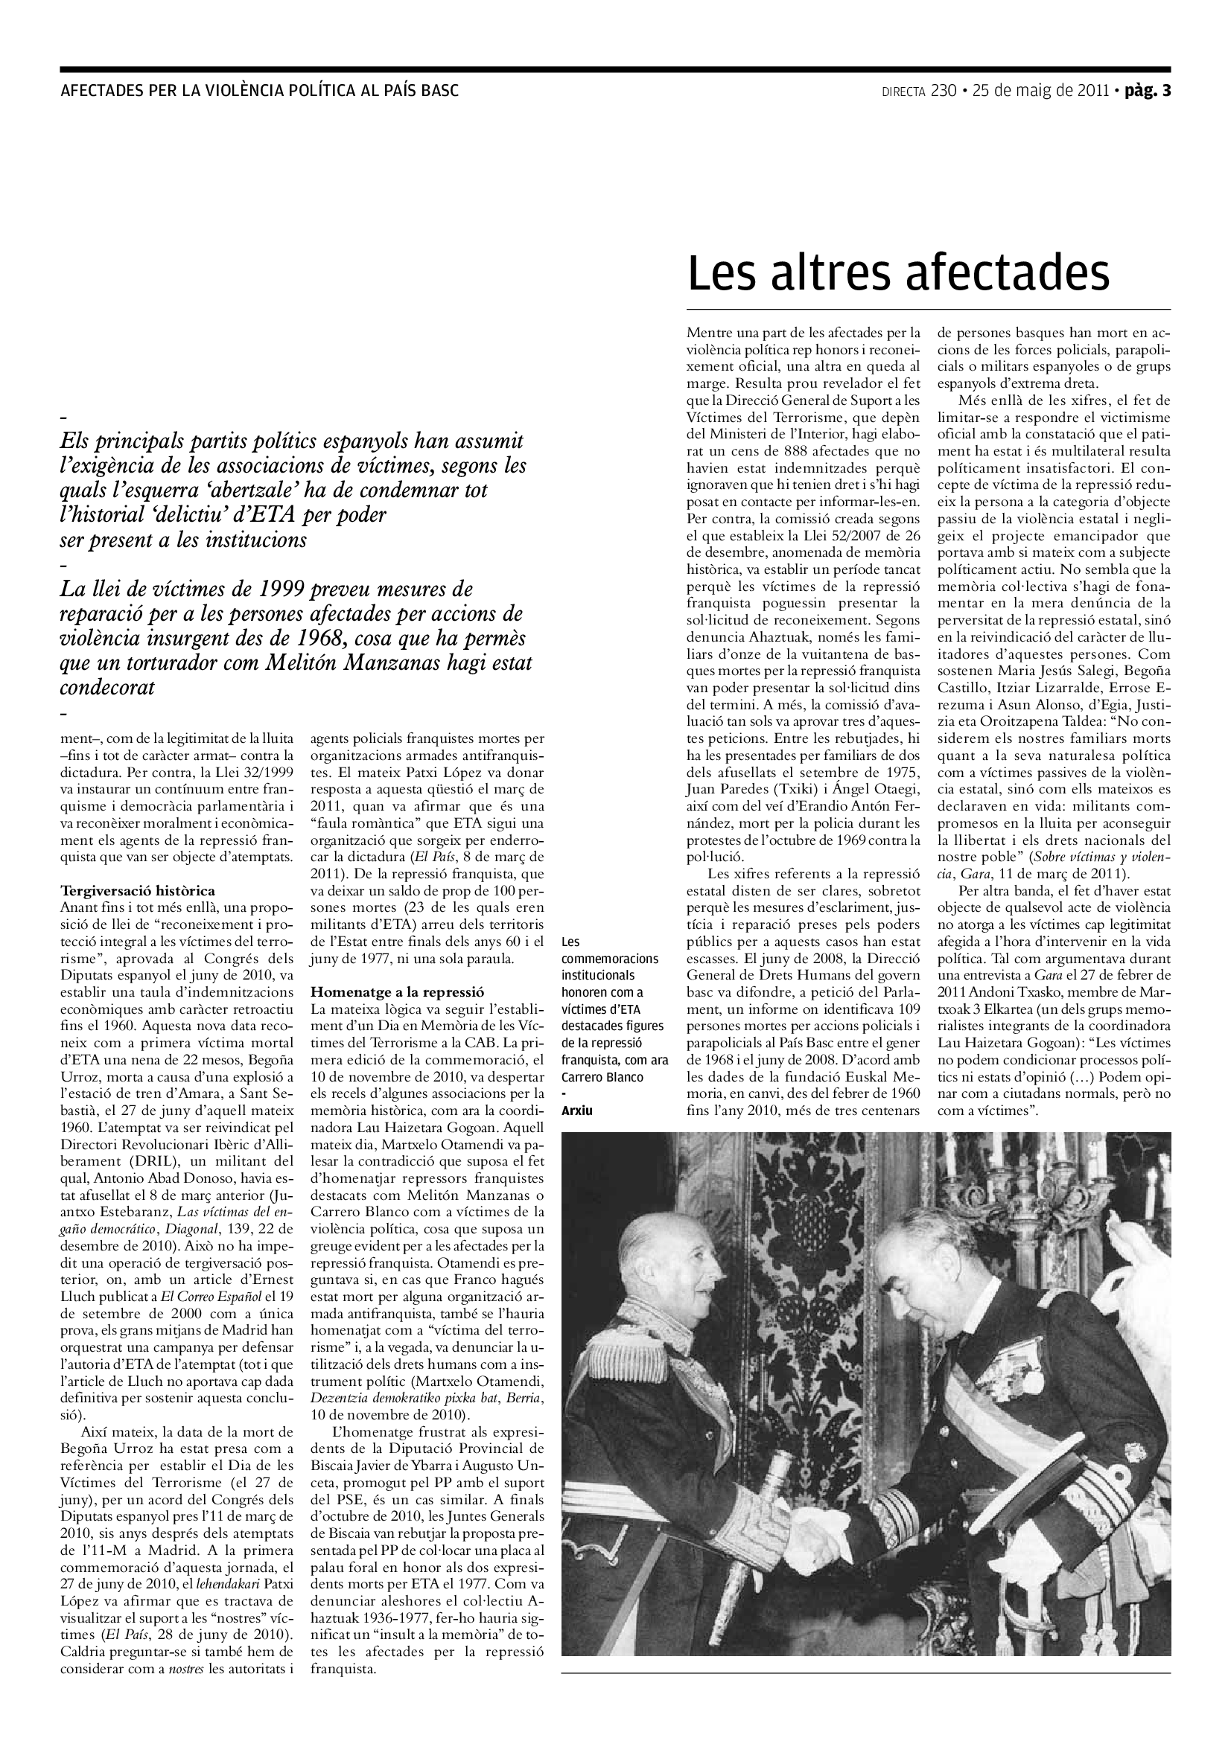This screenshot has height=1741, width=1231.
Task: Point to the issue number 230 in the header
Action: pyautogui.click(x=944, y=92)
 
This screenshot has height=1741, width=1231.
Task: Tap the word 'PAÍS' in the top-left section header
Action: pyautogui.click(x=398, y=92)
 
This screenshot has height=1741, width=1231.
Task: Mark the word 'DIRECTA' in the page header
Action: pyautogui.click(x=903, y=92)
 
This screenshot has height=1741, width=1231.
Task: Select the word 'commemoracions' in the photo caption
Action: pyautogui.click(x=609, y=959)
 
